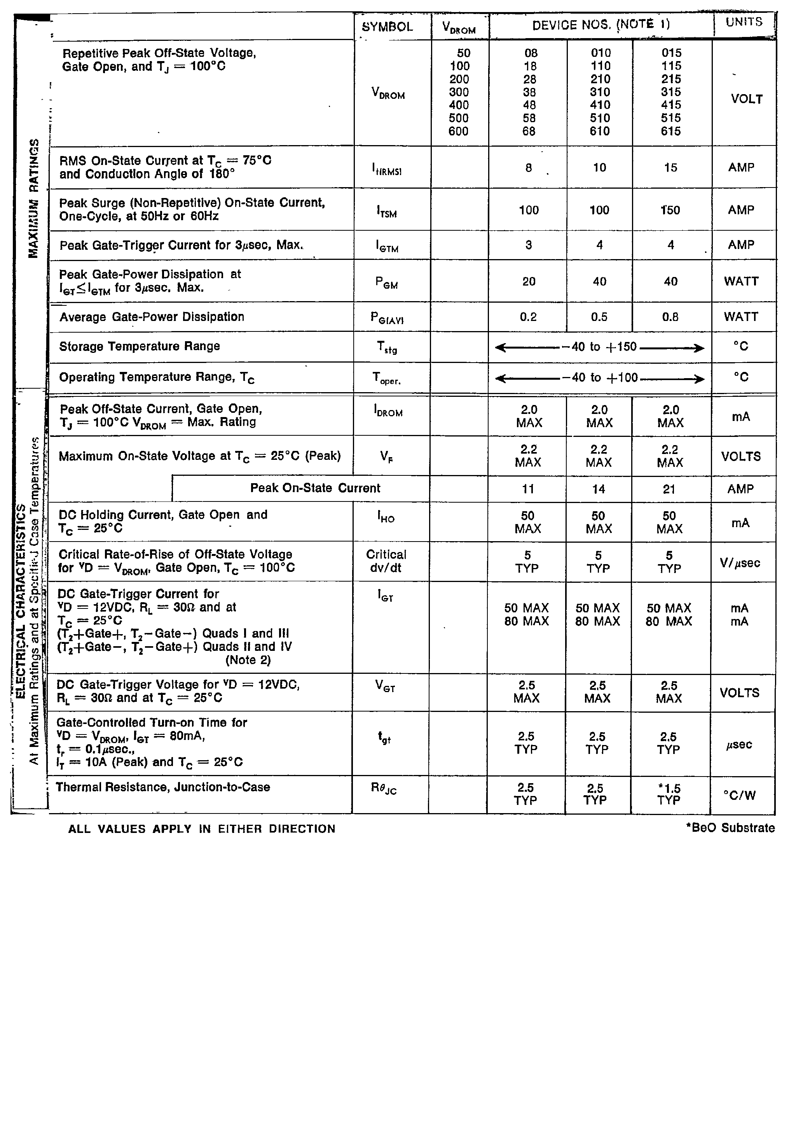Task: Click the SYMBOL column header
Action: click(387, 27)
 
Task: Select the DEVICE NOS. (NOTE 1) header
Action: click(601, 25)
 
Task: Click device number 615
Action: click(670, 131)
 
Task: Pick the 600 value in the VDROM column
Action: click(458, 131)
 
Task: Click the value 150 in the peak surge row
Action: click(670, 210)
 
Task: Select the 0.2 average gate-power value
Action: click(528, 317)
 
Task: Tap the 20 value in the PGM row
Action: click(529, 282)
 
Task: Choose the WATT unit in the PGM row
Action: click(741, 282)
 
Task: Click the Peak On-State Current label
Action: click(315, 488)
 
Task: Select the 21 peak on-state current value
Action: click(669, 489)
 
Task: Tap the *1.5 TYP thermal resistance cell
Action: click(669, 794)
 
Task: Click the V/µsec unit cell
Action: click(740, 563)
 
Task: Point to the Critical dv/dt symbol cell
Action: click(386, 561)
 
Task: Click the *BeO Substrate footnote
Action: click(730, 828)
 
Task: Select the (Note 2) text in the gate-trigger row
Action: click(248, 660)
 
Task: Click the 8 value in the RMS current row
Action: click(529, 168)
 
